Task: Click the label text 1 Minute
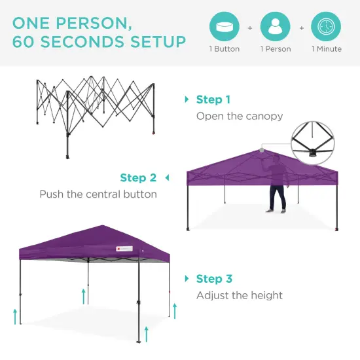pos(325,49)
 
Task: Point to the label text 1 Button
pos(224,49)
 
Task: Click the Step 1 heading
pos(213,99)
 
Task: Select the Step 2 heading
pos(138,177)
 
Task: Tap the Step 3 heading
pos(213,279)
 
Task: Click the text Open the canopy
pos(240,117)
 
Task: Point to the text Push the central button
pos(98,194)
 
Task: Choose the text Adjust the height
pos(240,296)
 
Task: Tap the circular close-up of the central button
pos(317,141)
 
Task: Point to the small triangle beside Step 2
pos(167,177)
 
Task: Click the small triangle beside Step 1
pos(187,99)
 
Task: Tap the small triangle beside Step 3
pos(187,279)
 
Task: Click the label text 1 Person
pos(275,49)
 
